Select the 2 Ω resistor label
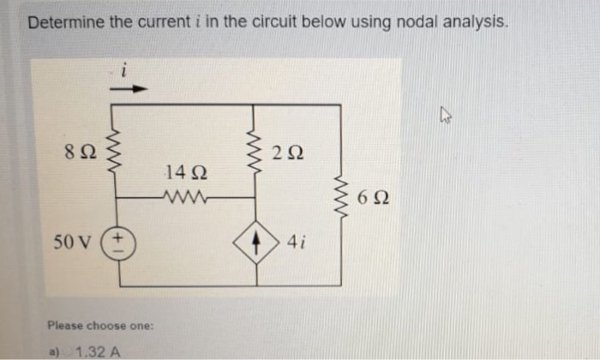(286, 155)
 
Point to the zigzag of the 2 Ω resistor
(255, 153)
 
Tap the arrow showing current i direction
(137, 87)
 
